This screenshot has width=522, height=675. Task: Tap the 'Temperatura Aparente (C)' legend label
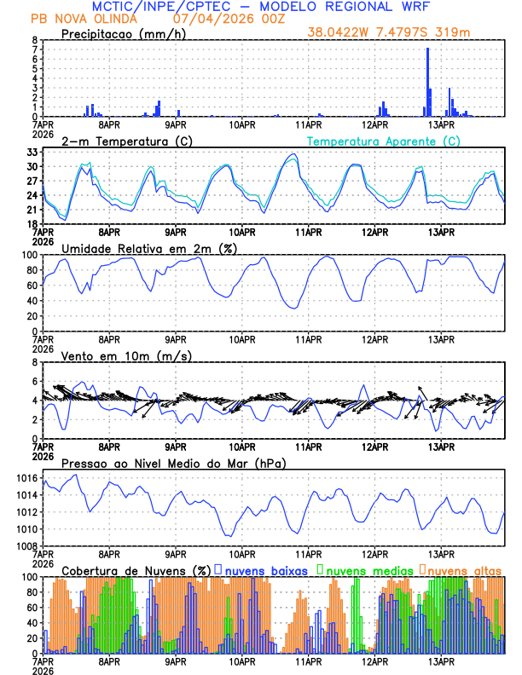click(383, 141)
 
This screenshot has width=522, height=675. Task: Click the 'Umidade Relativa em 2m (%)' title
click(149, 248)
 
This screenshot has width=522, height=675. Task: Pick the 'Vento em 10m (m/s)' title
click(126, 355)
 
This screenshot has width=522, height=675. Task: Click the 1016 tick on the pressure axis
click(28, 480)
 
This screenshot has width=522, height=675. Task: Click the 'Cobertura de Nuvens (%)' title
click(136, 569)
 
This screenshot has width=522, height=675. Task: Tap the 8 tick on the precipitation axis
click(36, 40)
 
